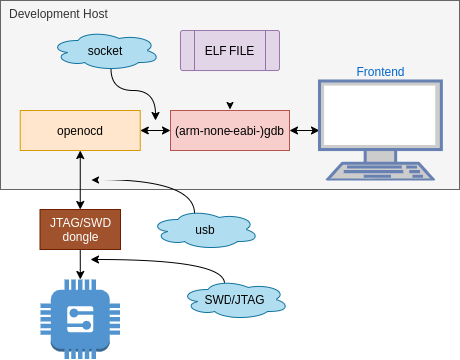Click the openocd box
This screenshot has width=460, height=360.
coord(80,130)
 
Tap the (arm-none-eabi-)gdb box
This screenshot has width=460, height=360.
coord(230,131)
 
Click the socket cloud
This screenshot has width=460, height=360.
coord(105,49)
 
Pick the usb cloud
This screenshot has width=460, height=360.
coord(204,230)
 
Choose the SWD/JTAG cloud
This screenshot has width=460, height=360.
coord(239,297)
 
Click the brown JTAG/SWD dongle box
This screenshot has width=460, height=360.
coord(80,229)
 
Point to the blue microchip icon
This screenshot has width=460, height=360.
coord(80,319)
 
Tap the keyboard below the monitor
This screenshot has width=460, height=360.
coord(380,171)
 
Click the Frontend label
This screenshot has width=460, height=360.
coord(380,71)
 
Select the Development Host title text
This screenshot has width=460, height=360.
coord(58,14)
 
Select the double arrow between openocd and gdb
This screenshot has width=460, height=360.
coord(155,131)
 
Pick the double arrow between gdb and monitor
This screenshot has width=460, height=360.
coord(304,131)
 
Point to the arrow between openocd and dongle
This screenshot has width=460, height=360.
coord(80,180)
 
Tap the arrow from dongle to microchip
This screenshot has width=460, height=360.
coord(80,263)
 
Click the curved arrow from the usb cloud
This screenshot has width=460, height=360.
coord(150,184)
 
